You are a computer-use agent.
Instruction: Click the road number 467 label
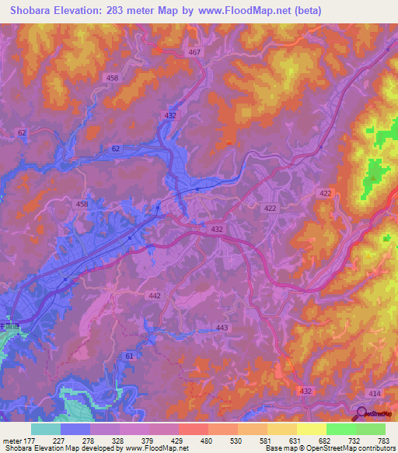tap(194, 51)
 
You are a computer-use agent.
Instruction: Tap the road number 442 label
tap(155, 296)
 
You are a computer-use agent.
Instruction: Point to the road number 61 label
tap(128, 355)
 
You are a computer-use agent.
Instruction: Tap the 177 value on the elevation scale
tap(30, 442)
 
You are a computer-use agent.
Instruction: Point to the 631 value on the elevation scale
tap(295, 442)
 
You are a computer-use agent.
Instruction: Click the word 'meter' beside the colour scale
tap(11, 442)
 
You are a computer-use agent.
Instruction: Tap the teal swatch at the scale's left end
tap(45, 429)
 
